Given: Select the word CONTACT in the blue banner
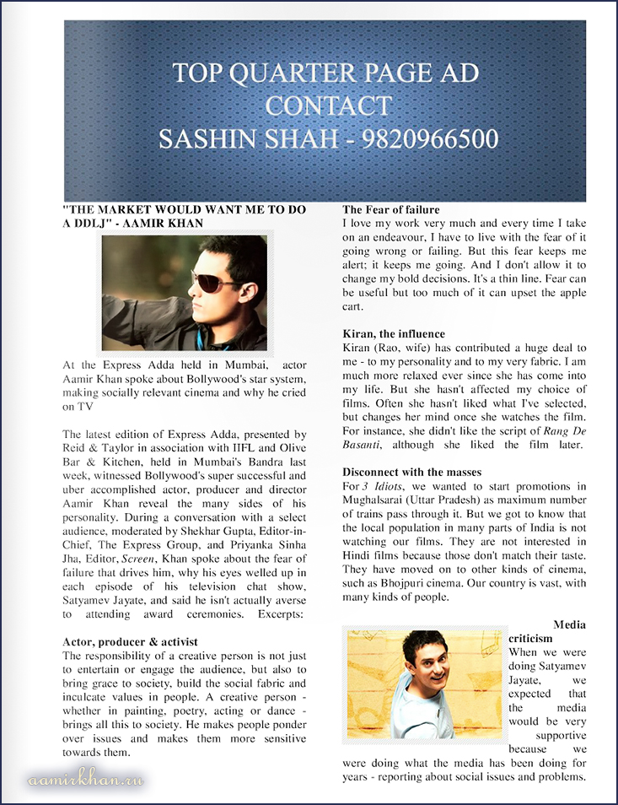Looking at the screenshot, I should [328, 106].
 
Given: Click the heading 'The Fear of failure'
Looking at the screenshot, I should [390, 209].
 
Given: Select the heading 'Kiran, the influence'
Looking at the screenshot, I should [394, 334].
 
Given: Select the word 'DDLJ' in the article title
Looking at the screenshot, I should [88, 223].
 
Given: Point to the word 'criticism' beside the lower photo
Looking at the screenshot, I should [532, 639].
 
